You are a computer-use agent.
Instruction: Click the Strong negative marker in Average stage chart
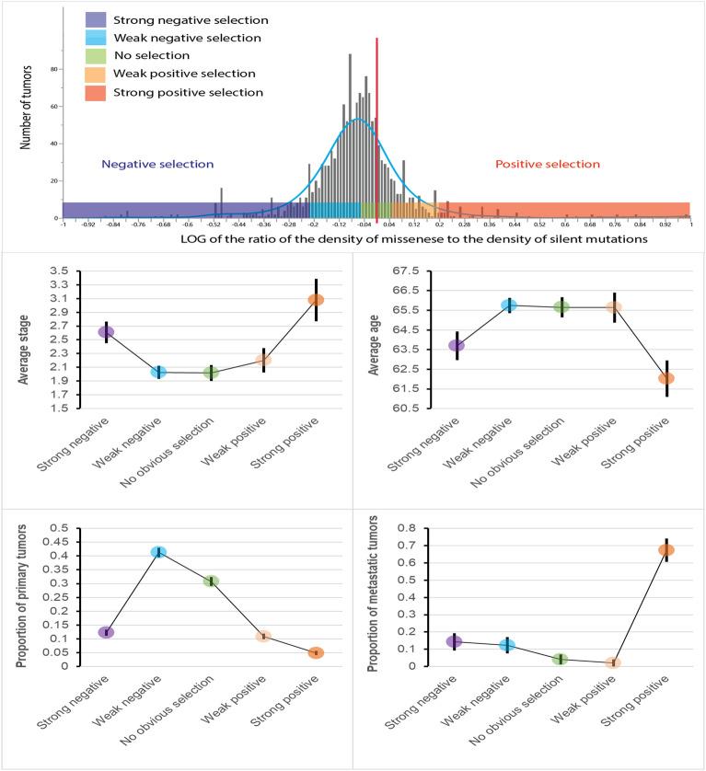point(106,332)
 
